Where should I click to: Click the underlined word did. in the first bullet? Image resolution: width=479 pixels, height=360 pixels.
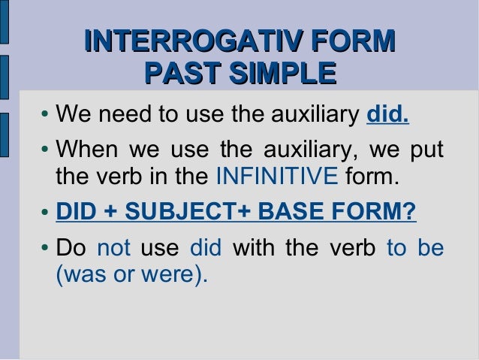click(387, 116)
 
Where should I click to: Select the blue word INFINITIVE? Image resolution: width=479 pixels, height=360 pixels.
click(276, 177)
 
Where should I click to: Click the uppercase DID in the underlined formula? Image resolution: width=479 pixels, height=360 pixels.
click(75, 213)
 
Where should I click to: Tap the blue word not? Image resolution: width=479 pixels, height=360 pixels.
click(114, 247)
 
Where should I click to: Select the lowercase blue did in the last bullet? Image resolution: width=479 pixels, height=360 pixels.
click(206, 247)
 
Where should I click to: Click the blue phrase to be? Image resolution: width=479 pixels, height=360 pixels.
click(414, 247)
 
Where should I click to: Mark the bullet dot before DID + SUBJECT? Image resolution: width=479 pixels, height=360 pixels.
click(46, 214)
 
